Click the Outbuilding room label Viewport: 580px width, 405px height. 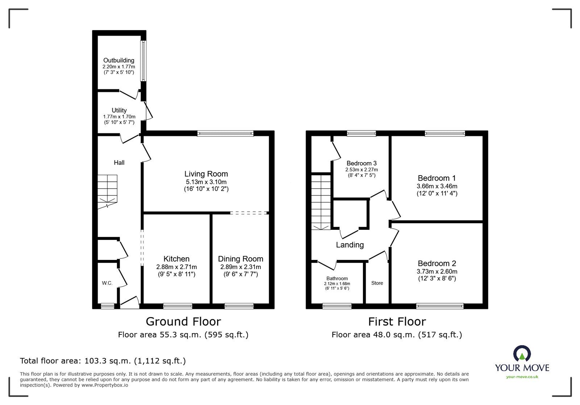click(x=119, y=60)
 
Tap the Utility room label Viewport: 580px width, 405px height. click(x=119, y=110)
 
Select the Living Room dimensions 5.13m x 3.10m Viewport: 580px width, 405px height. click(x=206, y=182)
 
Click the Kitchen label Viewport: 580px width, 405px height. click(x=177, y=259)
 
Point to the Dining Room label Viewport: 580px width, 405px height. click(x=240, y=259)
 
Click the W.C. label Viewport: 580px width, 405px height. click(x=107, y=283)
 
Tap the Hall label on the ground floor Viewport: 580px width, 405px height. click(x=119, y=163)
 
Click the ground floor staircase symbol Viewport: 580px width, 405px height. click(x=108, y=191)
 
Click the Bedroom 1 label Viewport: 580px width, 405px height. click(x=436, y=178)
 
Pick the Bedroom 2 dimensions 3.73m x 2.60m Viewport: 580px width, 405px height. click(x=437, y=271)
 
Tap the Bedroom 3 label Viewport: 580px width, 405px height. click(x=361, y=163)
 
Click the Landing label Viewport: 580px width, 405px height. click(x=349, y=245)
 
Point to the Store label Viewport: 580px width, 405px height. click(x=377, y=283)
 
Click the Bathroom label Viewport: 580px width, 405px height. click(x=337, y=278)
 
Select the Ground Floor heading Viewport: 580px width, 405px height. click(x=183, y=321)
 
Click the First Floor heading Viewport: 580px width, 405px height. click(x=397, y=321)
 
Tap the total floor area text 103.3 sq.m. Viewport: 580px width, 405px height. click(x=103, y=361)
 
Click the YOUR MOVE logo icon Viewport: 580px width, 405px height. click(x=522, y=354)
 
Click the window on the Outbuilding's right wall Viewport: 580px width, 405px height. click(x=144, y=61)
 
